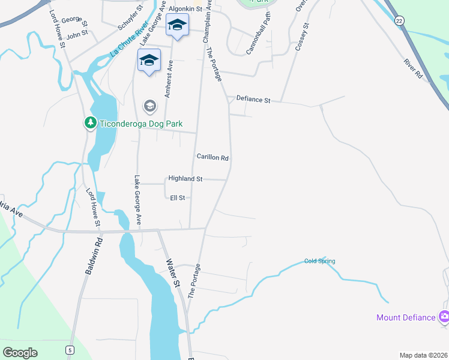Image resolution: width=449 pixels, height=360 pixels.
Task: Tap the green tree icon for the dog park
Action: click(x=90, y=123)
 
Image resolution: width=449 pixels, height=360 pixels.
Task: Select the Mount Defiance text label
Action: click(x=406, y=317)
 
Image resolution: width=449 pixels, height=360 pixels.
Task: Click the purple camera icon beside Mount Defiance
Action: click(x=444, y=316)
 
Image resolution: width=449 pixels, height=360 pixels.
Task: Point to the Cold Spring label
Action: click(x=319, y=261)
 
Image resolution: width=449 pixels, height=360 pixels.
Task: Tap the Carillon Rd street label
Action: click(x=212, y=157)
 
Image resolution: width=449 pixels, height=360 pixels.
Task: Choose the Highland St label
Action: click(x=185, y=179)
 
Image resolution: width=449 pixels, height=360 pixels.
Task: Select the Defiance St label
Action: click(x=254, y=99)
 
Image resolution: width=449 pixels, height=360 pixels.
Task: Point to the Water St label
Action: click(x=173, y=272)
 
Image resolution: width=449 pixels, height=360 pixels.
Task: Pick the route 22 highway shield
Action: click(x=399, y=21)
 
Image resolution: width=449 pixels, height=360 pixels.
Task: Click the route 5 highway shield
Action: click(x=70, y=349)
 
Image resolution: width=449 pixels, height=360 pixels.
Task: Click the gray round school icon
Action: click(x=149, y=106)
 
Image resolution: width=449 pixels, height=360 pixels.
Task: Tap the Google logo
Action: click(x=20, y=352)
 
